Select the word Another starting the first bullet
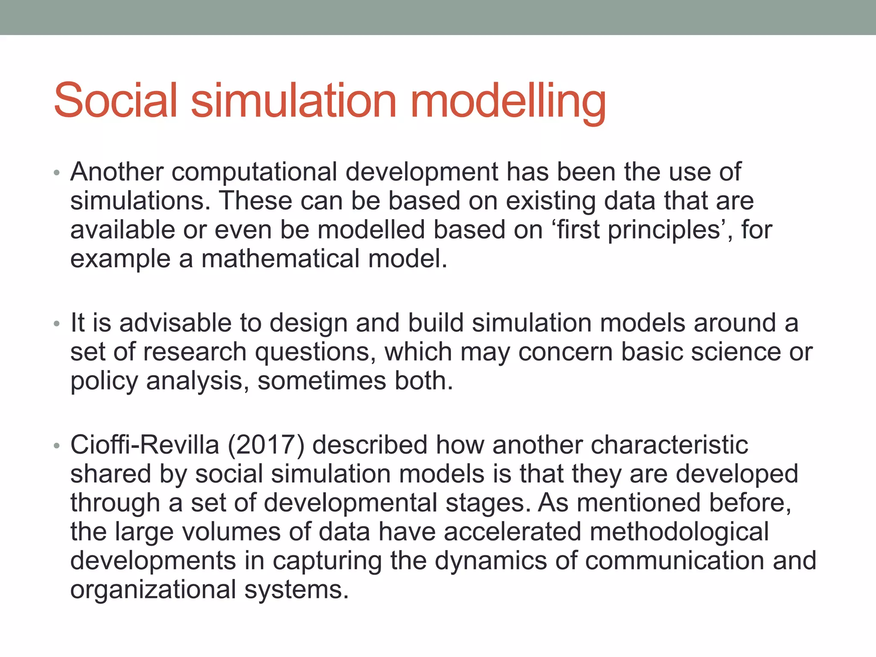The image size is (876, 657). (117, 172)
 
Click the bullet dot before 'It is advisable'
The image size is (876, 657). (56, 324)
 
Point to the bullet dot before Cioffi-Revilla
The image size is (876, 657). (56, 446)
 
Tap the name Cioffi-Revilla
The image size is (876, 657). (145, 445)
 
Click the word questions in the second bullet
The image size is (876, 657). (315, 353)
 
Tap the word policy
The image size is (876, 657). (104, 382)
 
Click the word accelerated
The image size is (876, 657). (512, 532)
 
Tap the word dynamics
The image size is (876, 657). (491, 562)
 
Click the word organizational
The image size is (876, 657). (153, 591)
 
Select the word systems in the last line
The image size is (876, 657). (297, 591)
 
